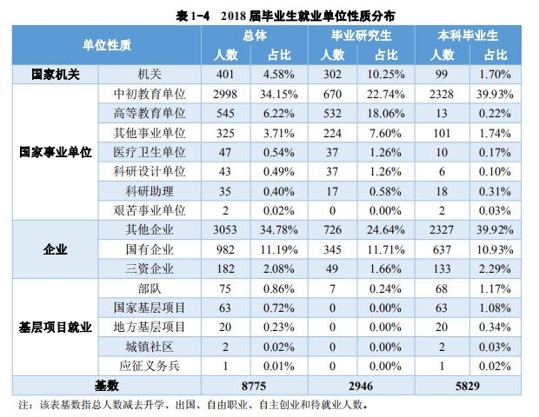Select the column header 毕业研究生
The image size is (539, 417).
tap(362, 36)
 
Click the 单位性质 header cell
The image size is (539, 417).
tap(107, 45)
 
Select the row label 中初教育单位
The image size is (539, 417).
tap(150, 94)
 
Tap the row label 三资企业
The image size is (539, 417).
tap(150, 268)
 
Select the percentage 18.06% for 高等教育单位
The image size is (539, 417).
tap(388, 113)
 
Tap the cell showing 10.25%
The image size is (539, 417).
tap(388, 75)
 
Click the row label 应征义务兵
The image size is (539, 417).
tap(150, 365)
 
